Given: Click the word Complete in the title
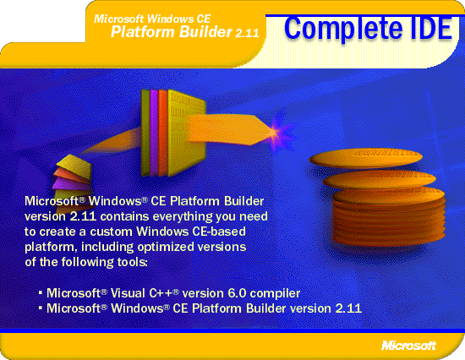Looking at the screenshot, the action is pos(343,30).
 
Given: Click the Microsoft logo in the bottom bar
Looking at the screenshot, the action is pos(409,345).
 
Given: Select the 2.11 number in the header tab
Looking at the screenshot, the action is pos(247,33).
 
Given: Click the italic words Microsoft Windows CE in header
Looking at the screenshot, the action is pos(152,19).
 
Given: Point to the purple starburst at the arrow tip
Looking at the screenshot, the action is pos(279,132).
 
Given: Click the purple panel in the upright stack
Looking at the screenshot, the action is pos(154,133).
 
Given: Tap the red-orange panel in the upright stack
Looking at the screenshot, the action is pos(163,133).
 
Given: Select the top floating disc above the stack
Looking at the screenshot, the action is pos(365,158).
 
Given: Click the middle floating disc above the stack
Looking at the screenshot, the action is pos(379,179).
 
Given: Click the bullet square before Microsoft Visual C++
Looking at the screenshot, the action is pos(41,293).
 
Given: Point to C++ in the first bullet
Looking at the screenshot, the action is pos(164,293).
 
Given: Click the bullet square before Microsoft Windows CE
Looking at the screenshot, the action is pos(41,308).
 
